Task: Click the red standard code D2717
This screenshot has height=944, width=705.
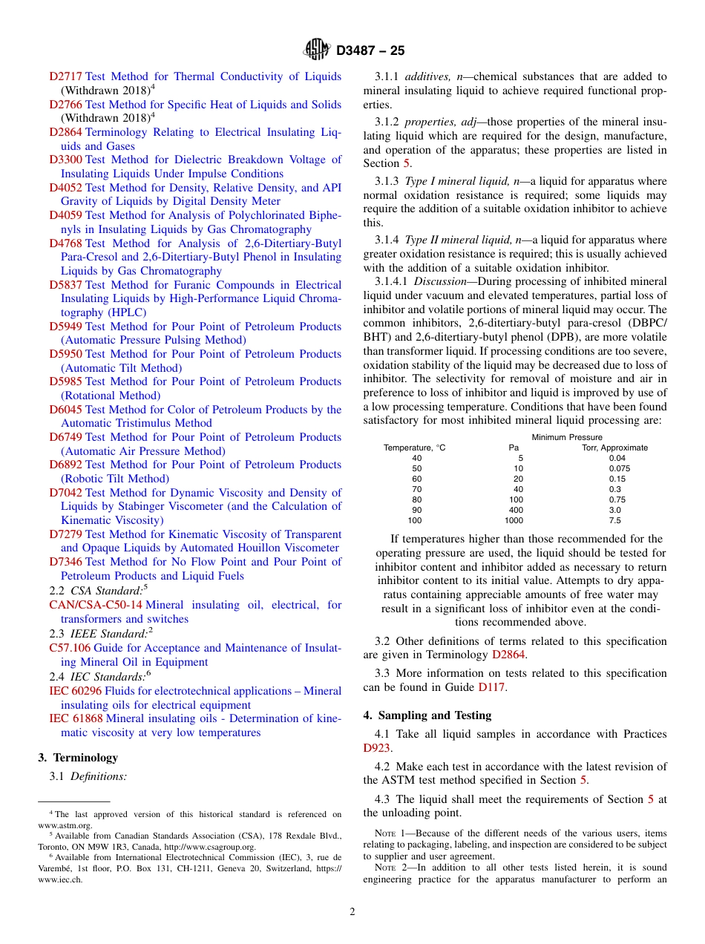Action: [65, 76]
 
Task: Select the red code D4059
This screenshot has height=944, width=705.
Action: [65, 215]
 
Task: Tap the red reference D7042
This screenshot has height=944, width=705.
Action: [65, 493]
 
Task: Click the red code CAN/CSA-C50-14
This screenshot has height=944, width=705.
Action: [95, 605]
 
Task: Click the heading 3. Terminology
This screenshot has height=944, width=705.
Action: [78, 758]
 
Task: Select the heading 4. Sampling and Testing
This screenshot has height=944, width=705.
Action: [427, 715]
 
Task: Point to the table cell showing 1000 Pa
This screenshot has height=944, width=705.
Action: [514, 520]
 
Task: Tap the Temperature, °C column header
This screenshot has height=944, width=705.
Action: [414, 448]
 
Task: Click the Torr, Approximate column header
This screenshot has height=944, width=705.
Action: [614, 448]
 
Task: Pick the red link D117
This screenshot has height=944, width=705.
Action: [491, 687]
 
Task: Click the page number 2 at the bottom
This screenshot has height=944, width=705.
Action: [352, 912]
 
